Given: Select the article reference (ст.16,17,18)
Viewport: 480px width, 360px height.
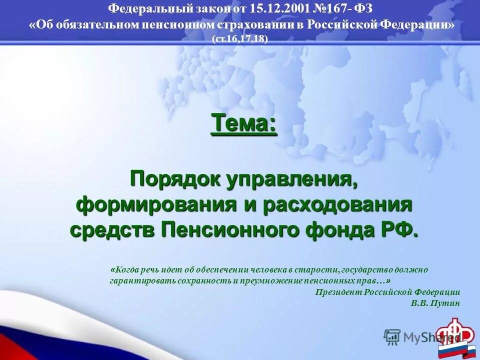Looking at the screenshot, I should tap(240, 39).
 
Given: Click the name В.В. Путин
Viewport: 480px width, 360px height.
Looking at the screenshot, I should tap(435, 303).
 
